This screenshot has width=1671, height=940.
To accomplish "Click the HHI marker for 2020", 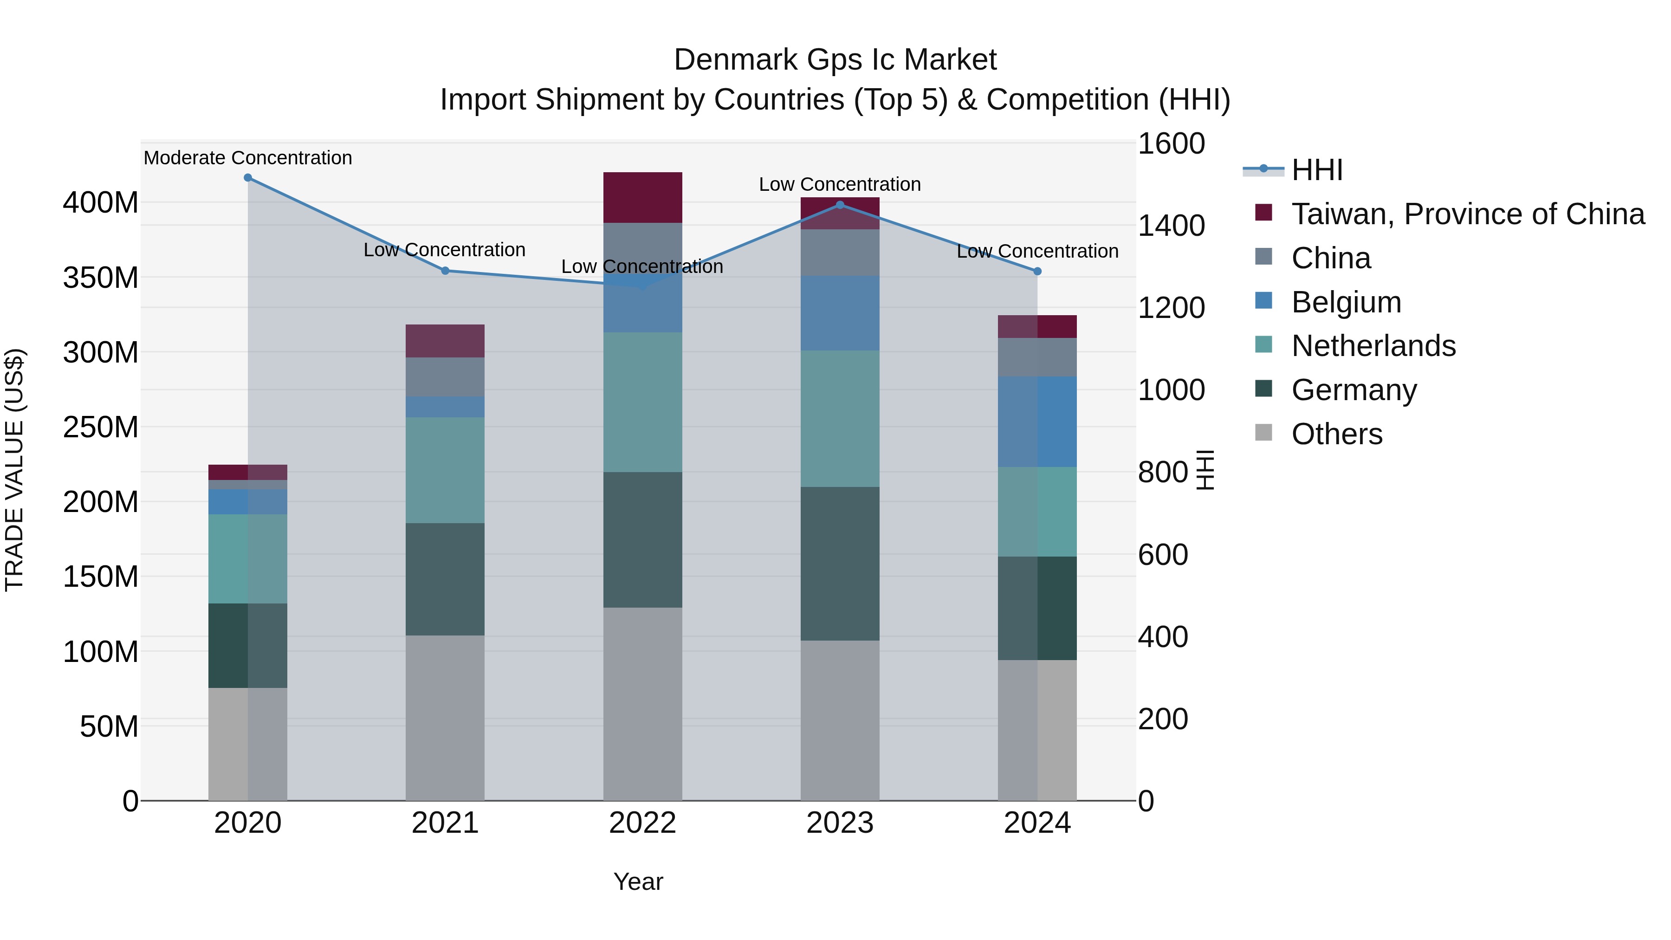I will tap(248, 178).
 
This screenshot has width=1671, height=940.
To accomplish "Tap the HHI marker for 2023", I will tap(840, 205).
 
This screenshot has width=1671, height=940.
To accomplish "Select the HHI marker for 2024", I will tap(1037, 271).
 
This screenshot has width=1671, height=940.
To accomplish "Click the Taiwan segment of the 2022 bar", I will tap(642, 198).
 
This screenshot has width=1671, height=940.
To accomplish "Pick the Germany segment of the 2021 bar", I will tap(445, 579).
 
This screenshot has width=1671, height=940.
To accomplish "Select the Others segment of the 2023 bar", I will tap(840, 720).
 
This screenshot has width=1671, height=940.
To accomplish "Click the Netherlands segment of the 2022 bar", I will tap(642, 402).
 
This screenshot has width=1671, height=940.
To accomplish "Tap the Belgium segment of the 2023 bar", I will tap(840, 313).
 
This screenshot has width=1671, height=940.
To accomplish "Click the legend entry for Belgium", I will tap(1346, 302).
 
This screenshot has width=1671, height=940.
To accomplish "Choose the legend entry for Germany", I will tap(1354, 390).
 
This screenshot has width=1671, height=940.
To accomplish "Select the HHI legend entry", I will tap(1317, 170).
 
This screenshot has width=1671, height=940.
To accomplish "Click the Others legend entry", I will tap(1336, 434).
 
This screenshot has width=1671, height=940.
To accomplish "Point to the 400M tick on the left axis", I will tap(101, 203).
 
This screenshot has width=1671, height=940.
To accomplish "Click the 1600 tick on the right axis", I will tap(1172, 143).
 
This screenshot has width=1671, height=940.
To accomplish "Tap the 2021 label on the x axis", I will tap(445, 823).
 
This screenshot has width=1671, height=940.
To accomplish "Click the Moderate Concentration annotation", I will tap(248, 158).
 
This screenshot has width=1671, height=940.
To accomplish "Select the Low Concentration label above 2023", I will tap(840, 184).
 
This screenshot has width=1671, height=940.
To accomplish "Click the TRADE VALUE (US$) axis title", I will tap(14, 470).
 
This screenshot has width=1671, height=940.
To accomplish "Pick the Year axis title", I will tap(638, 882).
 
